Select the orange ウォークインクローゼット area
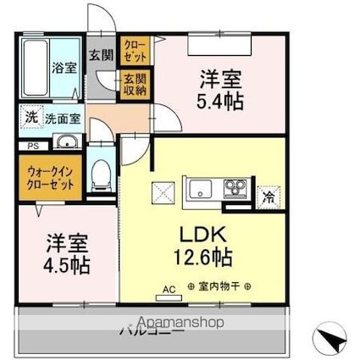tap(48, 174)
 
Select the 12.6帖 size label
tap(204, 257)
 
